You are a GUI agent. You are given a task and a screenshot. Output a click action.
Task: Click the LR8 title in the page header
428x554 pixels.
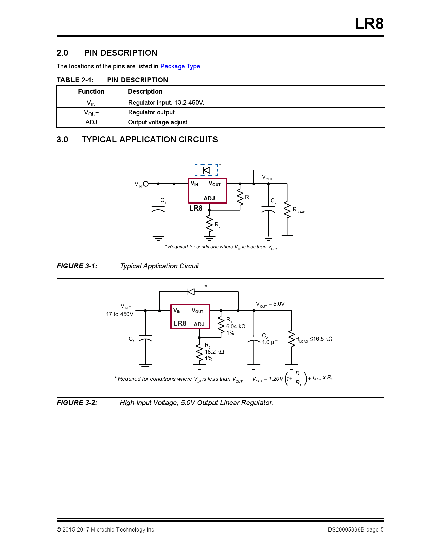pyautogui.click(x=369, y=24)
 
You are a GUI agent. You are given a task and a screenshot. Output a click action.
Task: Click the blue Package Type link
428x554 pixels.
pyautogui.click(x=180, y=66)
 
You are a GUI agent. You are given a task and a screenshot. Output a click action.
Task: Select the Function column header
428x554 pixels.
pyautogui.click(x=91, y=91)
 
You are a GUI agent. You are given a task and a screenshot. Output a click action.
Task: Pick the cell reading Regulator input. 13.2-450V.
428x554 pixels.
pyautogui.click(x=166, y=103)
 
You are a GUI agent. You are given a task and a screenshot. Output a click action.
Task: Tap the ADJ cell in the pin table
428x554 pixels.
pyautogui.click(x=91, y=122)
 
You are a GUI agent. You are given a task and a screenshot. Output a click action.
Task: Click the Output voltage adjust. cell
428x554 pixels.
pyautogui.click(x=158, y=122)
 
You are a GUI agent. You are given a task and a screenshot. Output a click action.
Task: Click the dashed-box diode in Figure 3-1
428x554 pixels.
pyautogui.click(x=206, y=170)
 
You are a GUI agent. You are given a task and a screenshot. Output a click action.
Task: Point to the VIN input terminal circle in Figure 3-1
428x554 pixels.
pyautogui.click(x=146, y=184)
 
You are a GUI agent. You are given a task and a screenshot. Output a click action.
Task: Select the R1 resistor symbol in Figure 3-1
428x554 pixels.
pyautogui.click(x=240, y=197)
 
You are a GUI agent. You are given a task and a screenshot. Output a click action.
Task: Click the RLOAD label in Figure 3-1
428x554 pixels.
pyautogui.click(x=299, y=210)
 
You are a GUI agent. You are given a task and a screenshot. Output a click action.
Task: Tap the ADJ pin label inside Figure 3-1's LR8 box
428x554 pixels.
pyautogui.click(x=209, y=198)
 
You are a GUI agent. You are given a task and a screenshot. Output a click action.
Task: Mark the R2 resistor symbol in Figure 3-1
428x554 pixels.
pyautogui.click(x=209, y=224)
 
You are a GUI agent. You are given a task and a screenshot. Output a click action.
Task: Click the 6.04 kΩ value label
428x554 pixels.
pyautogui.click(x=236, y=326)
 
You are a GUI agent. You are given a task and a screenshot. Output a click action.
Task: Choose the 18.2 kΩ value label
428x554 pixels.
pyautogui.click(x=214, y=352)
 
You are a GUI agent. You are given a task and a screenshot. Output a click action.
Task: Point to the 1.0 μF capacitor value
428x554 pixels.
pyautogui.click(x=270, y=342)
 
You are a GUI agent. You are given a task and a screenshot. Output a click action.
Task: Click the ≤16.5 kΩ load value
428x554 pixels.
pyautogui.click(x=321, y=339)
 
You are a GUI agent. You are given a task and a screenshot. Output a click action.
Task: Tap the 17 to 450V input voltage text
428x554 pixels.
pyautogui.click(x=120, y=314)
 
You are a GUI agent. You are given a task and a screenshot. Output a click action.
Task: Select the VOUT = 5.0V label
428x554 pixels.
pyautogui.click(x=270, y=304)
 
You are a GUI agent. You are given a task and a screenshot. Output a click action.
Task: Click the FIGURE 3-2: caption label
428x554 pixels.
pyautogui.click(x=77, y=403)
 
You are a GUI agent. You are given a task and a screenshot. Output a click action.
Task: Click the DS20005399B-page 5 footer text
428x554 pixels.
pyautogui.click(x=355, y=530)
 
